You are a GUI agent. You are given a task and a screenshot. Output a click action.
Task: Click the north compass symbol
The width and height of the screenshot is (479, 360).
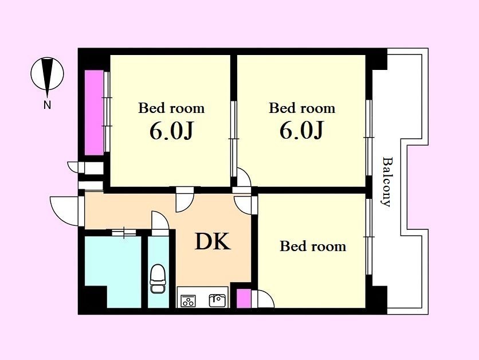48,74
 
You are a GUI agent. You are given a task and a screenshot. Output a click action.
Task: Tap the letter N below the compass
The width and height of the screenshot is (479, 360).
47,104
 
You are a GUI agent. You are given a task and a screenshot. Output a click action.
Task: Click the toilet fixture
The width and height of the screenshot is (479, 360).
158,279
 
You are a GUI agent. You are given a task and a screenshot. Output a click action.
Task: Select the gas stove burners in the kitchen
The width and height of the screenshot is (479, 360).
188,301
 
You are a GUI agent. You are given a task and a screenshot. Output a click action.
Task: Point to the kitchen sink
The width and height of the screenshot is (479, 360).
218,300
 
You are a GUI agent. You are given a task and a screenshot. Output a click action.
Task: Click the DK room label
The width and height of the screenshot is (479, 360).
213,242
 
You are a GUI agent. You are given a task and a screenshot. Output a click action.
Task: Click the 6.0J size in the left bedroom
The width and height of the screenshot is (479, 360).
171,131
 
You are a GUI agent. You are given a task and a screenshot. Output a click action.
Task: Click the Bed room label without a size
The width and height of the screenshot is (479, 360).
313,246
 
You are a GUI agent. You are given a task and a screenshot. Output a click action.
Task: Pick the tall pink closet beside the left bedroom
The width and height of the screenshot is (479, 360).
94,113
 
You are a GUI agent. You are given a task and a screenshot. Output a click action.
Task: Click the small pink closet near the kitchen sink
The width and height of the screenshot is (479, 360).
244,298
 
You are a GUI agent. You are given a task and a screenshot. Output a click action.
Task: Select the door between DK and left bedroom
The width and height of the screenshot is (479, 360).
185,201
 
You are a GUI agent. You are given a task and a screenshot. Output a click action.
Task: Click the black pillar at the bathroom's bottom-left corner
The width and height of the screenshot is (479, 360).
95,297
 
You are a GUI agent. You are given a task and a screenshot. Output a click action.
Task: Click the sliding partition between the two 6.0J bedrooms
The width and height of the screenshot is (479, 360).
234,139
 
